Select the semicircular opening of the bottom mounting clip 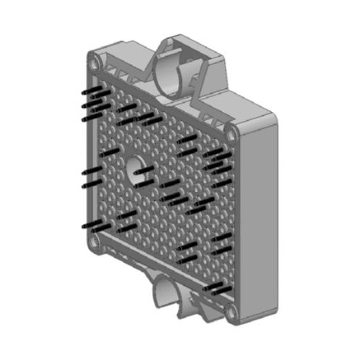pyautogui.click(x=166, y=294)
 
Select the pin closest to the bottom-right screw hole pyautogui.click(x=214, y=289)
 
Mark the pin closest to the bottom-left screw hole pyautogui.click(x=94, y=226)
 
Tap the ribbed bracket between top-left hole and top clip pyautogui.click(x=126, y=67)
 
